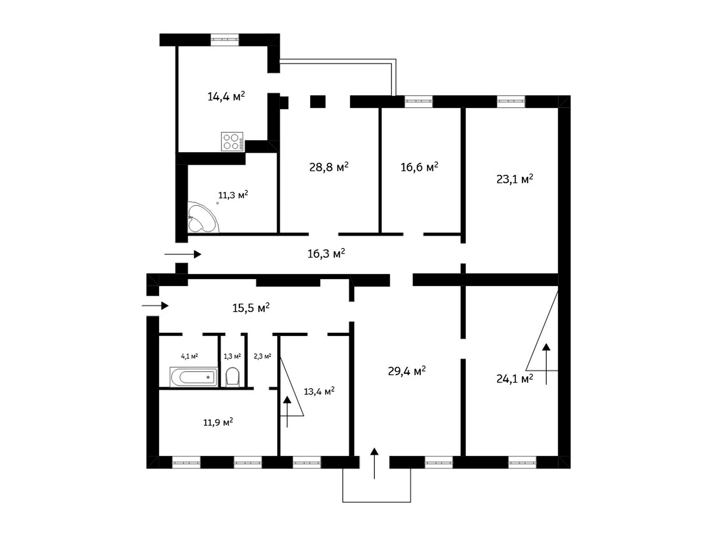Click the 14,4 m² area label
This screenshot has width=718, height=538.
click(226, 96)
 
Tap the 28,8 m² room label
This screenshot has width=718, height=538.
click(329, 167)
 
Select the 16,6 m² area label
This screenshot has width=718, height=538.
click(419, 167)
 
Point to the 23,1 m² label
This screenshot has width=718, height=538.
click(515, 179)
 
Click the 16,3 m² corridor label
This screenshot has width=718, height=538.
click(326, 253)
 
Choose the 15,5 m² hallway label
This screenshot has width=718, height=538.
click(251, 307)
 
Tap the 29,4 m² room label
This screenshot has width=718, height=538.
click(407, 371)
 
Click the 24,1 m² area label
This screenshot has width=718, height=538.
click(515, 378)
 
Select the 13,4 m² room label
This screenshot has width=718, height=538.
click(319, 391)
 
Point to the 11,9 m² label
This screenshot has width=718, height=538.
click(218, 422)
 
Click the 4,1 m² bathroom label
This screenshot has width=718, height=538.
click(189, 356)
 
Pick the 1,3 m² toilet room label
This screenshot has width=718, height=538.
click(232, 356)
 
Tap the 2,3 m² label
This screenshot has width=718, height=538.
click(263, 356)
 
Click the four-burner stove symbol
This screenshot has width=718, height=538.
click(232, 142)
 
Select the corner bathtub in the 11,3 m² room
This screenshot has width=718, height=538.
click(202, 217)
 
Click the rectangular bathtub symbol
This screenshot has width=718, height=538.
click(194, 377)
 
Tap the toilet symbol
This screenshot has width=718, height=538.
click(233, 377)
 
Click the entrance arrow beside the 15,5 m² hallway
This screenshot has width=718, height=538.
click(155, 306)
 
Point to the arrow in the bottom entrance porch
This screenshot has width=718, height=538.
click(374, 463)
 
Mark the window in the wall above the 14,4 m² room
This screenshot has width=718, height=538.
click(225, 39)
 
